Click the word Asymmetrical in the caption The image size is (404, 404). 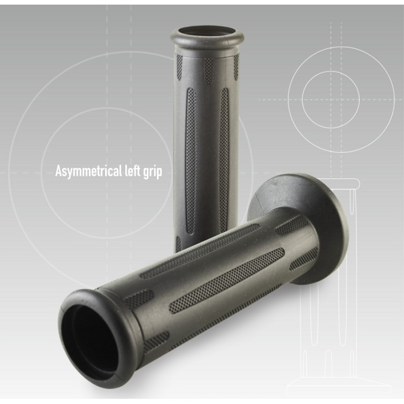(87, 171)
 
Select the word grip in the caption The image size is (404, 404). (153, 172)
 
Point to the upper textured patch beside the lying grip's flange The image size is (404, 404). (291, 225)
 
